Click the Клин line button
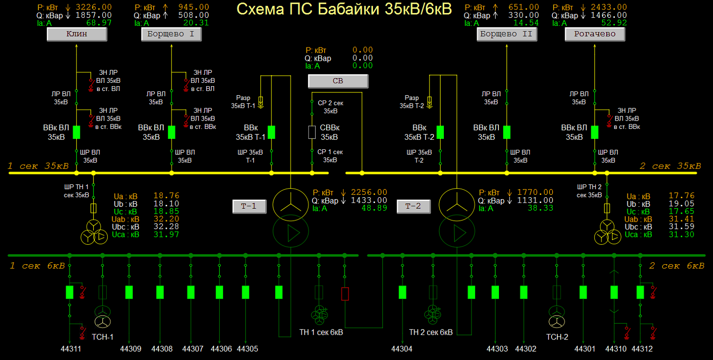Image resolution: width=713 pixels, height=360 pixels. pos(77,34)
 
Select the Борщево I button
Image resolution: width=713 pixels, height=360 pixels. pos(171,34)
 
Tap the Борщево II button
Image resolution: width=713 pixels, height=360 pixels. pos(507,34)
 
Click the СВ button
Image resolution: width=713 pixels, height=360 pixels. pos(338,81)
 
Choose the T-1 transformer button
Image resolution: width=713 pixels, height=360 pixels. pos(249,206)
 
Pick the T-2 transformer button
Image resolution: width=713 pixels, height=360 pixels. pos(413,206)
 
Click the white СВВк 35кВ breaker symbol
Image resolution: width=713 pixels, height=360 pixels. pos(312,132)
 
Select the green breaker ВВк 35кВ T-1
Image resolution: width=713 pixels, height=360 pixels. pos(272,132)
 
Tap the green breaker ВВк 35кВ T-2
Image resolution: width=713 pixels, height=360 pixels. pos(440,132)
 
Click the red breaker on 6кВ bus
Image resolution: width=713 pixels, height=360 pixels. pos(345,294)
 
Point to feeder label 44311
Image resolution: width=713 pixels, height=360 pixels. pos(71,349)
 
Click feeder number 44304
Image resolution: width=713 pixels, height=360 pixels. pos(402,349)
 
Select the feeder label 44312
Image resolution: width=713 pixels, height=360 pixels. pos(642,349)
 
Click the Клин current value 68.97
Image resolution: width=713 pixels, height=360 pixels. pos(99,23)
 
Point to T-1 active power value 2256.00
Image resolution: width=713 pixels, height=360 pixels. pos(369,192)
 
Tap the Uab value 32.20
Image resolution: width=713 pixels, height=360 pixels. pos(166,219)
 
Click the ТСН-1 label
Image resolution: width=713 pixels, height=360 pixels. pos(102,337)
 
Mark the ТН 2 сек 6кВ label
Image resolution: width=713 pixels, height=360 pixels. pos(430,332)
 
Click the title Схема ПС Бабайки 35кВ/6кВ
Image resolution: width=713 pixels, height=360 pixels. pos(344,9)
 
